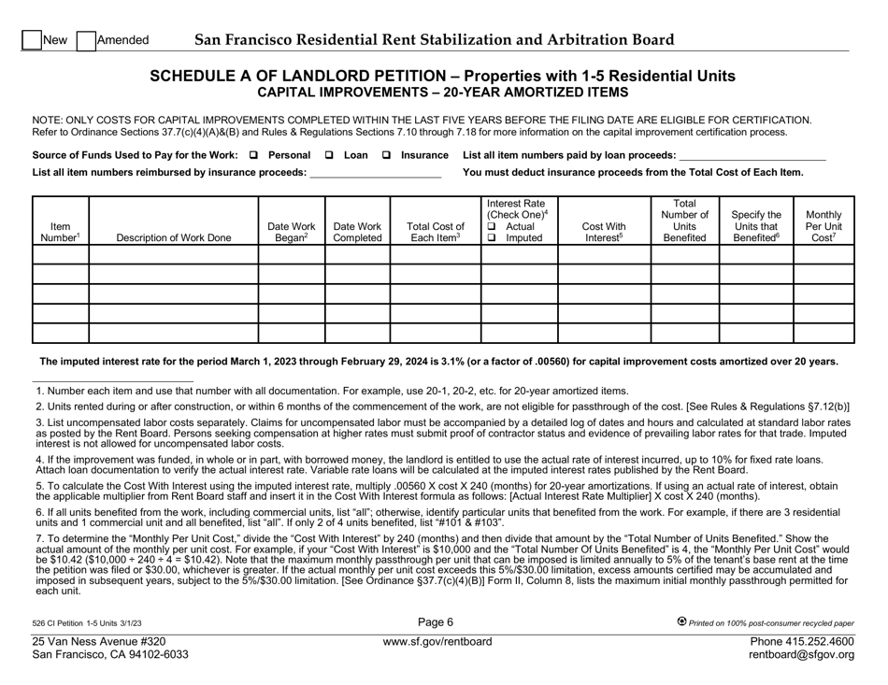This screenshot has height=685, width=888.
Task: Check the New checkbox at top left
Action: click(x=32, y=40)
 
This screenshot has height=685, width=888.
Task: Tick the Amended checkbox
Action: click(x=85, y=40)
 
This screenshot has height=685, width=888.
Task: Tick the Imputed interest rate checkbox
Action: click(x=492, y=238)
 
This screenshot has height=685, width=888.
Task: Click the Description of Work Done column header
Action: click(x=173, y=238)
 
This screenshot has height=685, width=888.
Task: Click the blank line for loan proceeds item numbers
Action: click(x=752, y=155)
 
